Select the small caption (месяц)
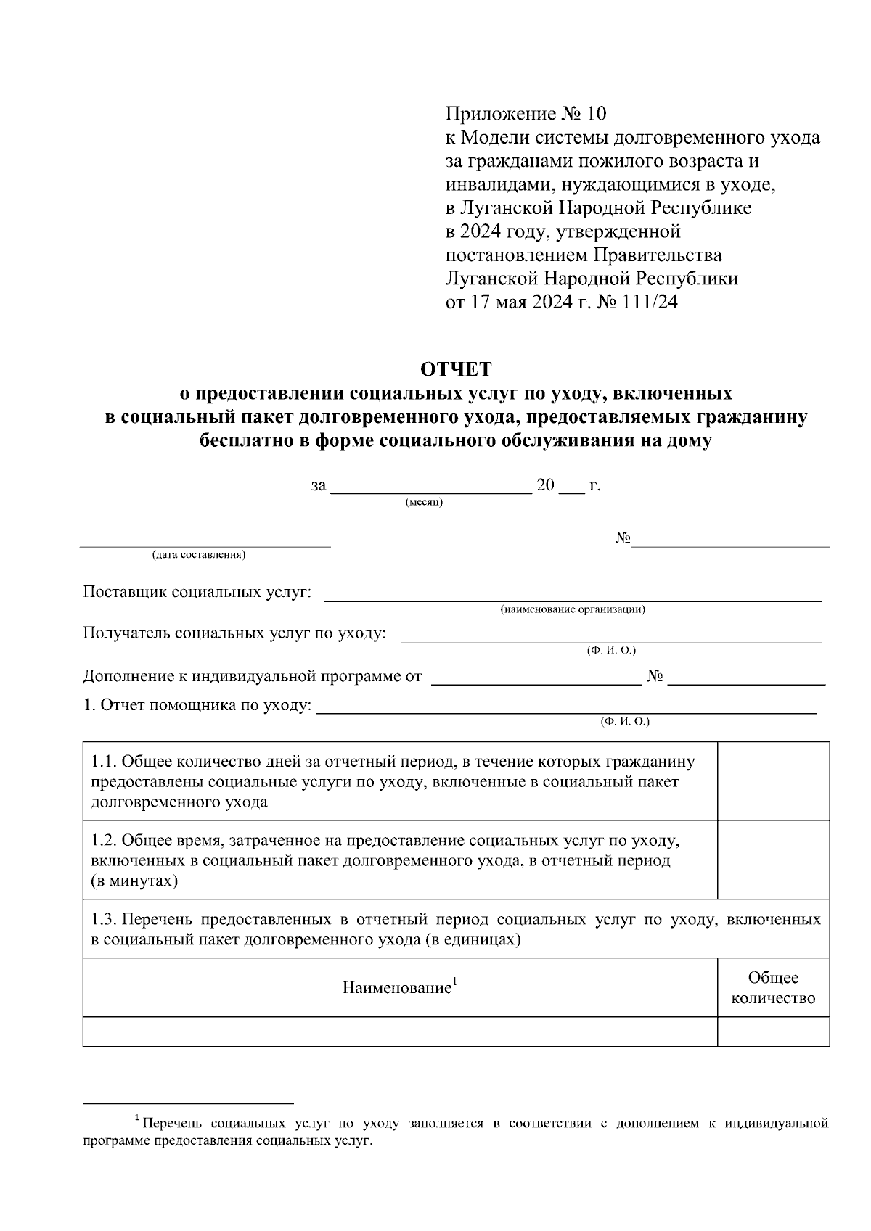(424, 502)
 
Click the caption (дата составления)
(198, 555)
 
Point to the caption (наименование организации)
(573, 609)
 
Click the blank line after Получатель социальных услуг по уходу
(611, 638)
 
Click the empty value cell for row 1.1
(773, 781)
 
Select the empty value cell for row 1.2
(773, 860)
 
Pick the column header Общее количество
(773, 988)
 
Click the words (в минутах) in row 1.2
(134, 881)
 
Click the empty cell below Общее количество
(773, 1031)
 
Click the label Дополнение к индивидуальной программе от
(252, 677)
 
